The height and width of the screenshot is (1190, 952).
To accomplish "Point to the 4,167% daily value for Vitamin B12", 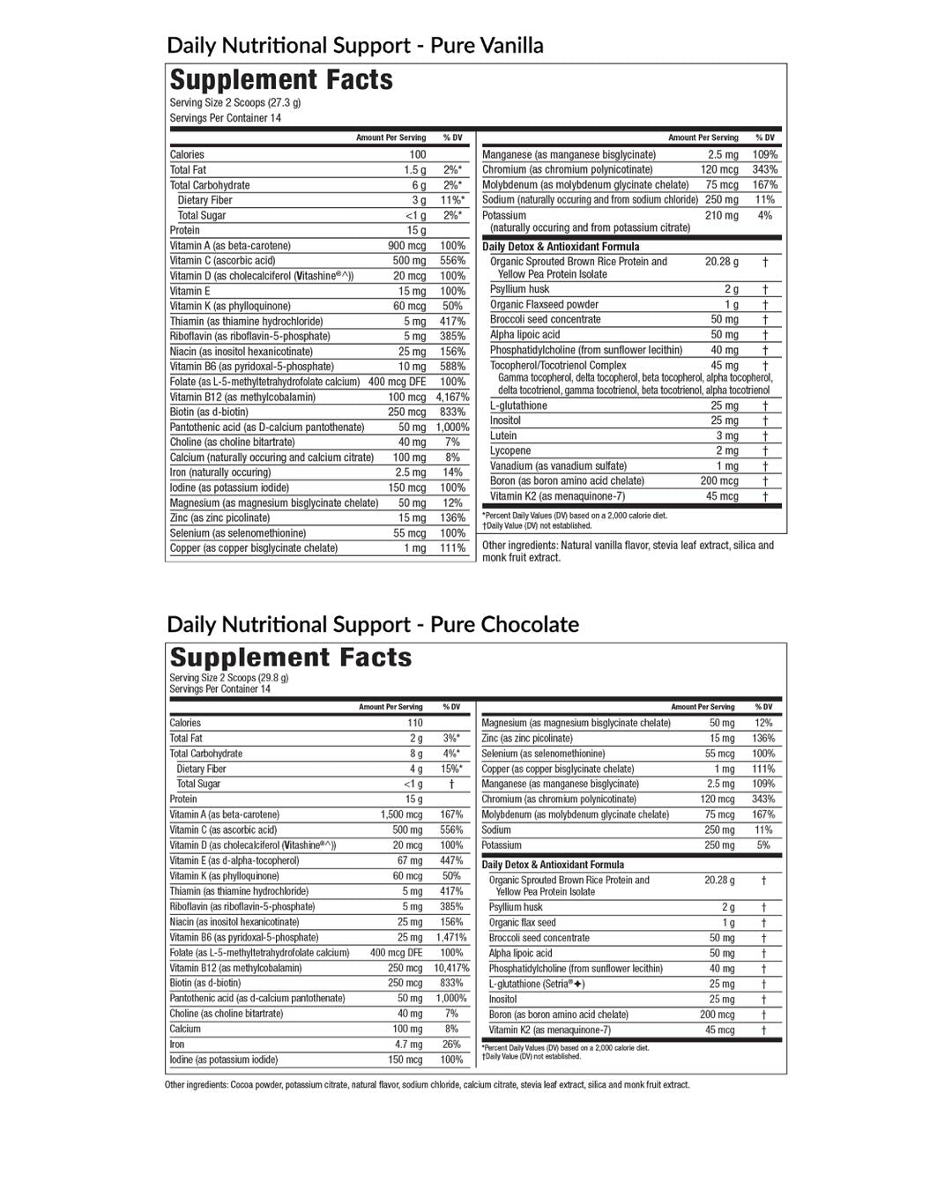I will tap(452, 397).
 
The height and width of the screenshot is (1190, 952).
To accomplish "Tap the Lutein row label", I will tap(503, 435).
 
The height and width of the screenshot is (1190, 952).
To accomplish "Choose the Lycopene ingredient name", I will tap(510, 450).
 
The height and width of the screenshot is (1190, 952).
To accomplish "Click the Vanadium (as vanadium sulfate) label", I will tap(558, 465).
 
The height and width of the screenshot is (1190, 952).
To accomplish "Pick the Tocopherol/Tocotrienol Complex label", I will tap(558, 365).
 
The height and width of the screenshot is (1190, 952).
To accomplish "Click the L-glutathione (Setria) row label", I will tap(537, 984).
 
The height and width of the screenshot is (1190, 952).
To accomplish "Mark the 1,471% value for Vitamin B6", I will tap(451, 937).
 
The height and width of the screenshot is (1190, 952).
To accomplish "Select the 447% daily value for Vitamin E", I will tap(451, 860).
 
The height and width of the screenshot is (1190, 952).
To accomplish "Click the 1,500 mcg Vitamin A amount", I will tap(401, 814).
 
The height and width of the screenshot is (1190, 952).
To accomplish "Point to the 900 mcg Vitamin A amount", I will tap(406, 245).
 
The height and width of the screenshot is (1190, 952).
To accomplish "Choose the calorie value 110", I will tap(414, 723).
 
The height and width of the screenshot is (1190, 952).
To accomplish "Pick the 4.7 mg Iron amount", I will tap(408, 1045).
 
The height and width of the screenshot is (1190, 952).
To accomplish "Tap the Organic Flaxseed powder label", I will tap(544, 304).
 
